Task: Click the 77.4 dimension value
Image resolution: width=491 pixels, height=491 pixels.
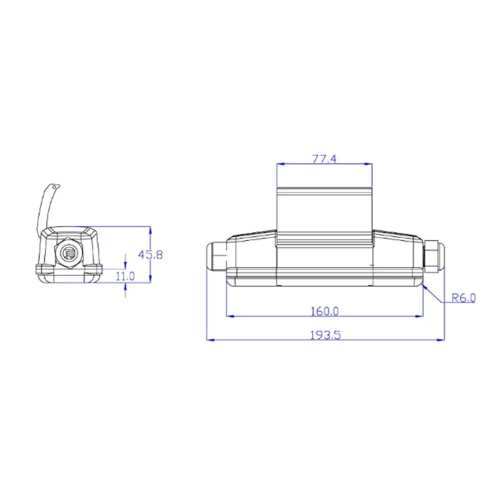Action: coord(325,159)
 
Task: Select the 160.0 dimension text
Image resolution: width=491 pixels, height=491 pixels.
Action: coord(325,311)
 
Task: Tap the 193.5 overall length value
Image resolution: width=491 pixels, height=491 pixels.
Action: coord(325,335)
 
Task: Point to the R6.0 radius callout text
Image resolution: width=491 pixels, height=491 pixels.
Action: coord(463,298)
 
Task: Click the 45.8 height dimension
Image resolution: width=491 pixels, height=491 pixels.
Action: coord(150,255)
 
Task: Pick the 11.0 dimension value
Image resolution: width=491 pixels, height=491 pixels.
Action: coord(125,276)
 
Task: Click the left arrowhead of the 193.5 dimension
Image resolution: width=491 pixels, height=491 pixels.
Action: coord(211,339)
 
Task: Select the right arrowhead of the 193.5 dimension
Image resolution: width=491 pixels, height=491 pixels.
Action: coord(441,339)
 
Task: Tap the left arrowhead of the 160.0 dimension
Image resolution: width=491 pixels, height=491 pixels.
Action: coord(230,316)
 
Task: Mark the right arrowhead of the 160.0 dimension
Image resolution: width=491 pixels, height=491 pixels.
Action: coord(419,316)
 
